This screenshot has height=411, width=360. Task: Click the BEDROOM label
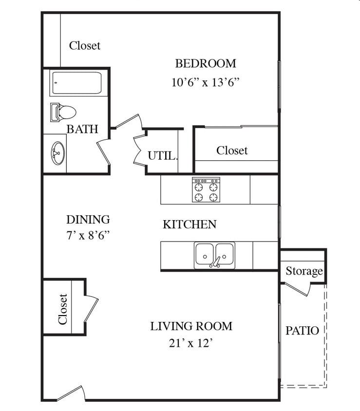coord(206,64)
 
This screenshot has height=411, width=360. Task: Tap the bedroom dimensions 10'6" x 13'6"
coord(206,82)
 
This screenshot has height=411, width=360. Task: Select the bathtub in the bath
coord(77,83)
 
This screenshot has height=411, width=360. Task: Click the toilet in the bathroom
coord(63,112)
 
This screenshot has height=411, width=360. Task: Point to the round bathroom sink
coord(57,153)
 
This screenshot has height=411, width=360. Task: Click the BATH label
coord(82,129)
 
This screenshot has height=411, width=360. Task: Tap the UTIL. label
coord(163,156)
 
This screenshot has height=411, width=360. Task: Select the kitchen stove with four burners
coord(206,190)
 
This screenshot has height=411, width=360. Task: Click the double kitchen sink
coord(214,255)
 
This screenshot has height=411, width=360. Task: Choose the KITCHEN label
coord(189,224)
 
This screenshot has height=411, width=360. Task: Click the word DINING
coord(88,220)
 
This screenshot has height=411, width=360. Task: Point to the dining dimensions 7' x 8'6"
coord(88,235)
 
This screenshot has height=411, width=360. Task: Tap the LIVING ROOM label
coord(191,326)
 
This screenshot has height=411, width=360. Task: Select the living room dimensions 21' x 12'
coord(190,343)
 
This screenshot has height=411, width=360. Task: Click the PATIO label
coord(303,331)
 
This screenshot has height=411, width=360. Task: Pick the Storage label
coord(304,271)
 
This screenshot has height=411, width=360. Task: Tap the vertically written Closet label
coord(63,309)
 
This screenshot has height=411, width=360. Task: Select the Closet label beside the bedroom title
coord(85,46)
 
